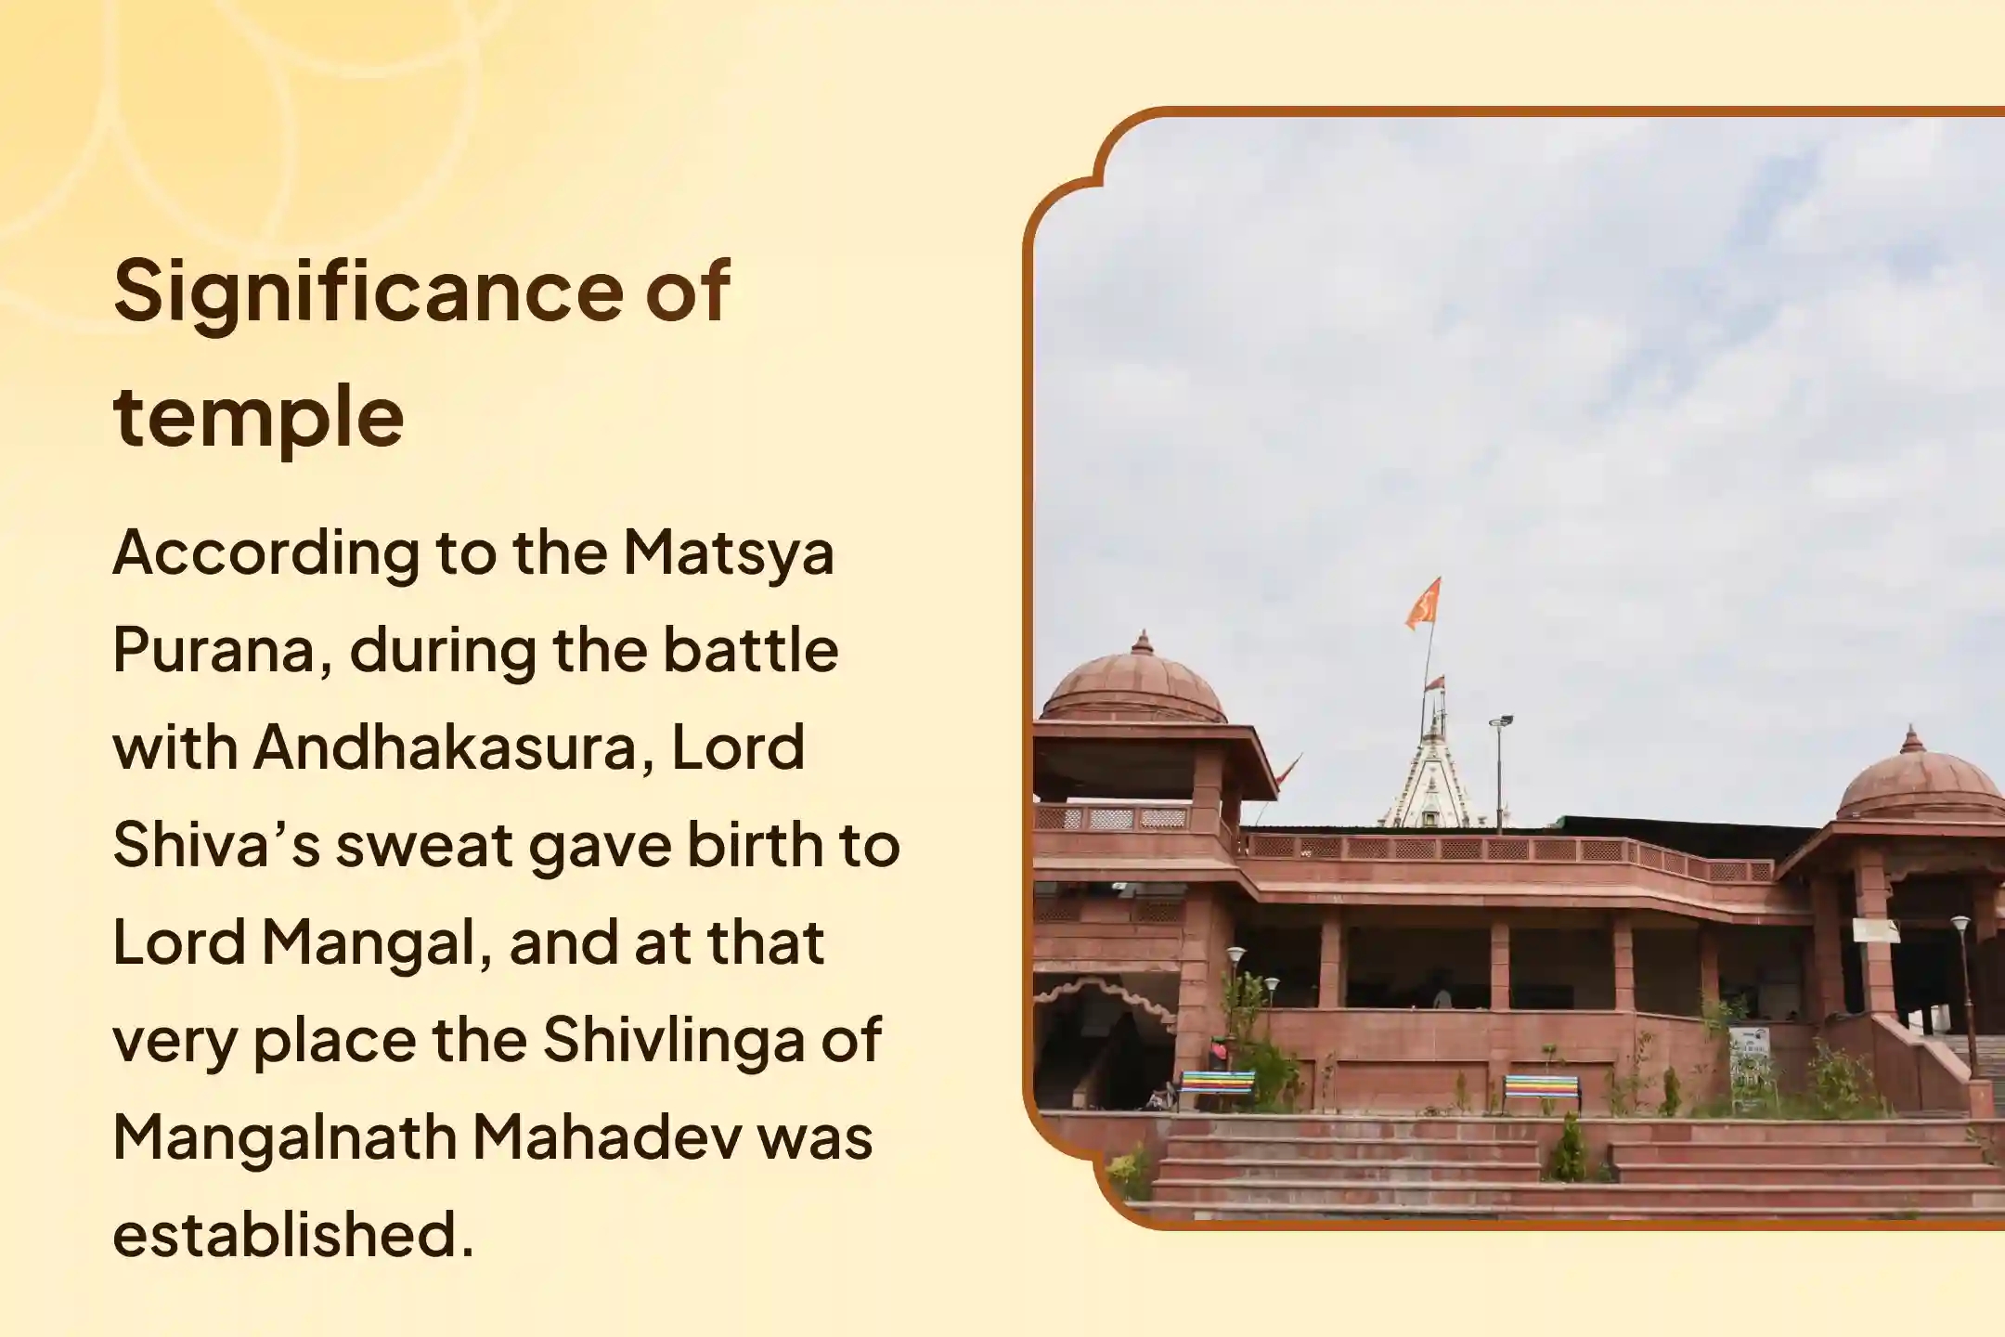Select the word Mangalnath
tap(285, 1138)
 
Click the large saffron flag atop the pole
tap(1423, 603)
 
